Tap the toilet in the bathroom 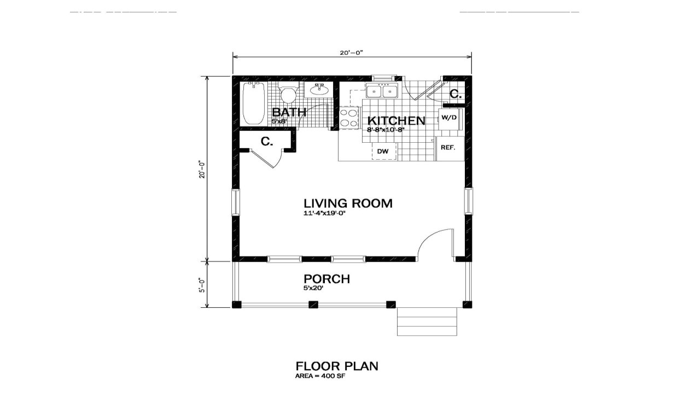[x=288, y=95]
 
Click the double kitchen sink [x=382, y=91]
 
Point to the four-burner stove [x=348, y=118]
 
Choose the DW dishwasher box [x=383, y=151]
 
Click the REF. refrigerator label [x=448, y=148]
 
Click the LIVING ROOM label [x=348, y=203]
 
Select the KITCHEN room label [x=396, y=121]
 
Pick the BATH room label [x=289, y=113]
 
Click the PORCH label [x=326, y=279]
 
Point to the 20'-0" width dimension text [x=351, y=53]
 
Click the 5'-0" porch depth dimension [x=202, y=285]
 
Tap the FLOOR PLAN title [x=336, y=366]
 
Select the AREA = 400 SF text [x=320, y=376]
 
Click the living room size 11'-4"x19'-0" [x=325, y=213]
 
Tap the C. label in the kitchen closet [x=454, y=94]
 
